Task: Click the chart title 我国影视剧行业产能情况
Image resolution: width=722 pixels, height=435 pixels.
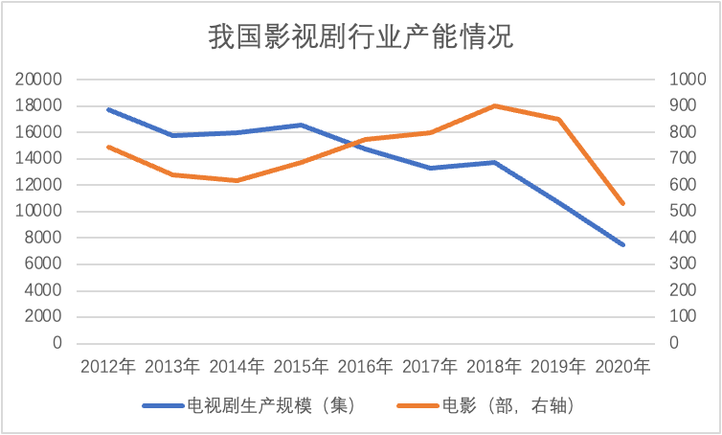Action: [x=361, y=37]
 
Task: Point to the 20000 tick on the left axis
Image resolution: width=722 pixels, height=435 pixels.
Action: [x=39, y=80]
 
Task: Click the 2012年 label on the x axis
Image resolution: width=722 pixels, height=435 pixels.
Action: [x=108, y=366]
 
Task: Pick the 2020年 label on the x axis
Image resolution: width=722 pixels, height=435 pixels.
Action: [x=622, y=366]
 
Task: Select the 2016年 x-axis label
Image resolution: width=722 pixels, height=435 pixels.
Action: [x=366, y=366]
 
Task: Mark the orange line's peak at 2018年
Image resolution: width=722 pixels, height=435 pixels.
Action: [x=494, y=105]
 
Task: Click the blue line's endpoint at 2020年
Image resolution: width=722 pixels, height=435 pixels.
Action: [x=622, y=244]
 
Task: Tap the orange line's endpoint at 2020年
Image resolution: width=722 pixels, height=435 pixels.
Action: [x=622, y=203]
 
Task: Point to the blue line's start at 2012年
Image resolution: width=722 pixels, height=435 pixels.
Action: [x=108, y=109]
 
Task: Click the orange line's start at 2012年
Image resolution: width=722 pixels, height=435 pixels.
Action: [x=108, y=147]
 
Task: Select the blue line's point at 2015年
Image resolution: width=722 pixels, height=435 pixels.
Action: [x=302, y=125]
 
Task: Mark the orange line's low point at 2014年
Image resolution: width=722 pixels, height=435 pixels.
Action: [x=237, y=180]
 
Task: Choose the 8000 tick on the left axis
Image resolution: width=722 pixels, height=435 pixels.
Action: [x=43, y=238]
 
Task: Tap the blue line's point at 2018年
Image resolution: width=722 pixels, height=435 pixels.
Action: [x=494, y=162]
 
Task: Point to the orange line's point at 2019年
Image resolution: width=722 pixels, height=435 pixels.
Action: [x=558, y=119]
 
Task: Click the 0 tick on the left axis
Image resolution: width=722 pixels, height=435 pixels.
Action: [x=56, y=343]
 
